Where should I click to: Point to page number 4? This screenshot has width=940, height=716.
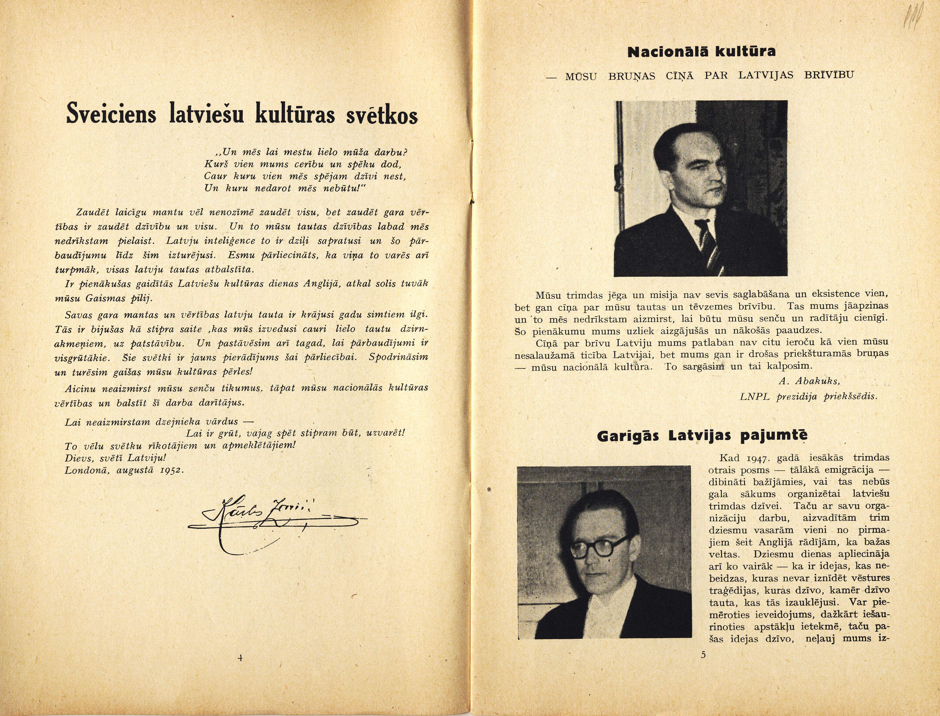point(240,658)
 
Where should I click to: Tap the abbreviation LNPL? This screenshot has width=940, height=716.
point(754,396)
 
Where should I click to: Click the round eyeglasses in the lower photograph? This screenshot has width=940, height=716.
point(599,547)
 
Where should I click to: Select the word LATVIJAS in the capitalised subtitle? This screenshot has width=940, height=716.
point(766,75)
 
